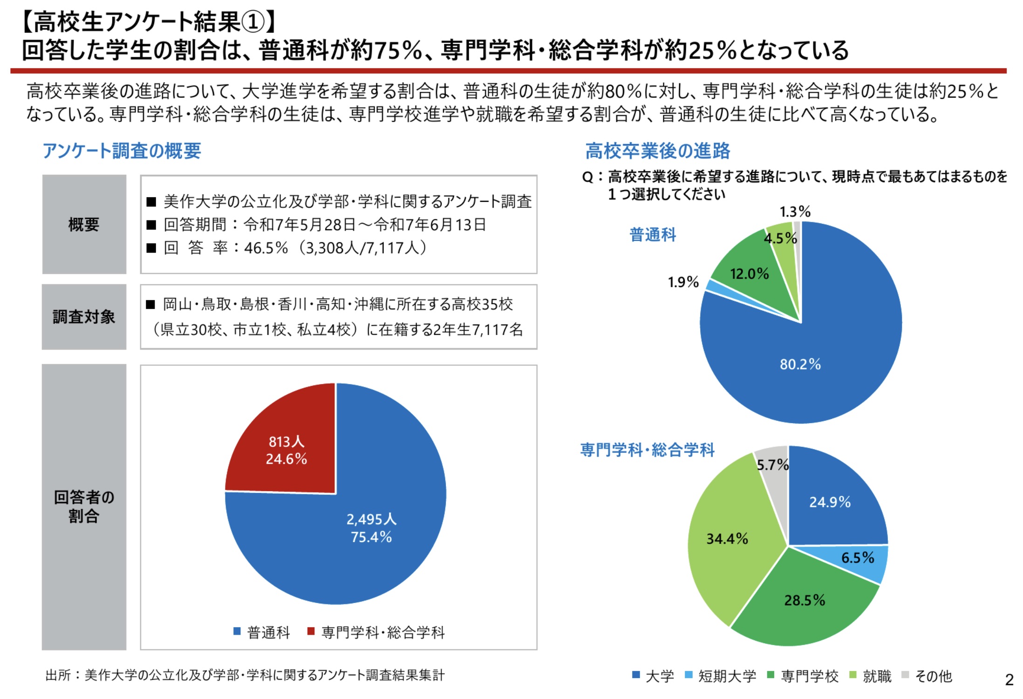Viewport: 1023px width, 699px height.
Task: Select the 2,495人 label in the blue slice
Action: (x=371, y=519)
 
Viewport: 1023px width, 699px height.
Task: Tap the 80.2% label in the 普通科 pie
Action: (x=800, y=364)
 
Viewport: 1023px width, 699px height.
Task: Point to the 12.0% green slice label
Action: (x=749, y=274)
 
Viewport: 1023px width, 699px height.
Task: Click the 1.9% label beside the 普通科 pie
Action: (x=683, y=282)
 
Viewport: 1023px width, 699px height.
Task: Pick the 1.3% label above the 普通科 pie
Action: (x=795, y=212)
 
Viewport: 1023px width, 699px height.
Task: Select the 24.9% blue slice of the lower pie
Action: (x=830, y=502)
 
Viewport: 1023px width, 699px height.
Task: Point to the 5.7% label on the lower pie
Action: (x=772, y=465)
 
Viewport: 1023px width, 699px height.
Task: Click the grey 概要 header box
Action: (x=84, y=225)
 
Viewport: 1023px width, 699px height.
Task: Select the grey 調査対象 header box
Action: (x=84, y=317)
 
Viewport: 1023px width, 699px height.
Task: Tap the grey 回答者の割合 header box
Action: (x=84, y=507)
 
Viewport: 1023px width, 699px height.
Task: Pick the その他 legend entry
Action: (x=933, y=676)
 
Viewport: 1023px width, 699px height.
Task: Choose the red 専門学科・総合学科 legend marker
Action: (x=311, y=631)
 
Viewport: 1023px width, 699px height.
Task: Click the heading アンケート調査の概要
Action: (x=122, y=151)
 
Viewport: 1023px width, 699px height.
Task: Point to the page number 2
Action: (x=1009, y=680)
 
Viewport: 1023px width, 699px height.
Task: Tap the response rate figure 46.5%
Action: (x=266, y=248)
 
